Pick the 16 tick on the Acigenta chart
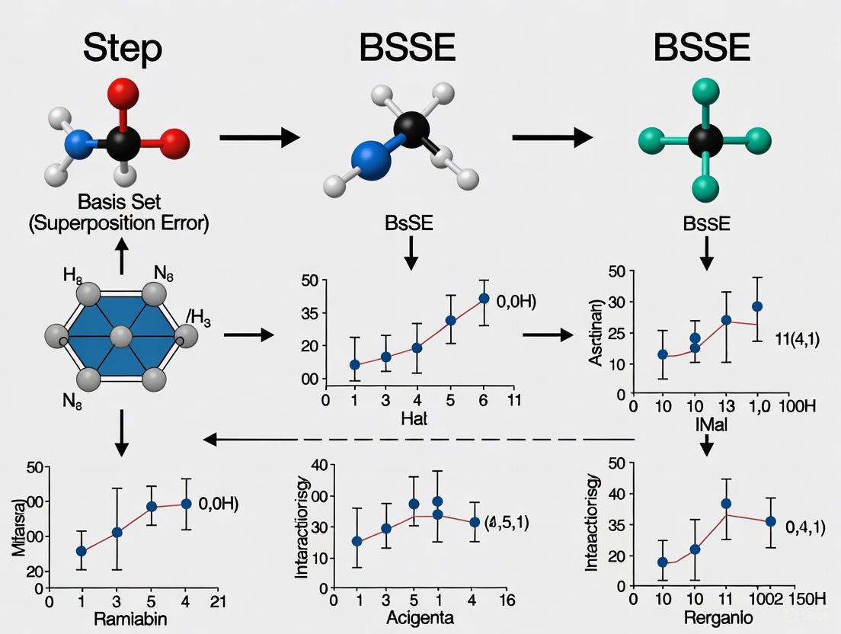(x=506, y=599)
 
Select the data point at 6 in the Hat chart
(x=484, y=299)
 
